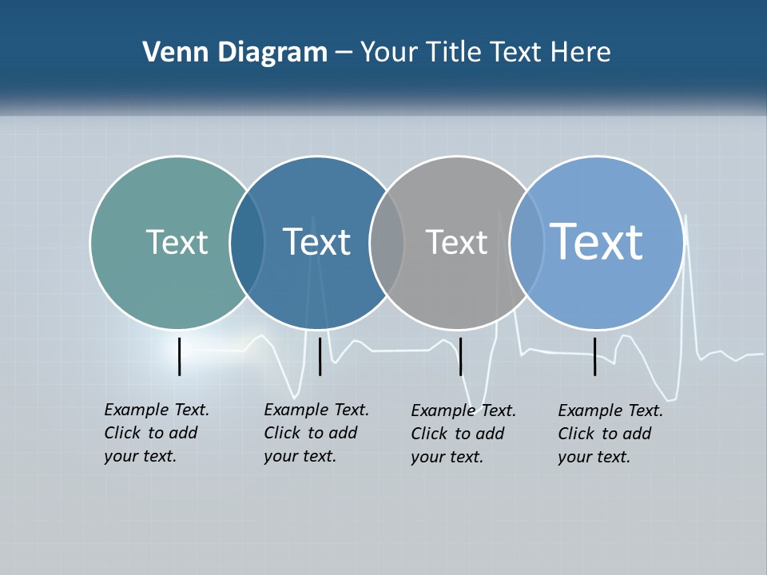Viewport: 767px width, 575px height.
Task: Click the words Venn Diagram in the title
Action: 235,53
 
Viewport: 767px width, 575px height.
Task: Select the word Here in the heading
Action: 580,53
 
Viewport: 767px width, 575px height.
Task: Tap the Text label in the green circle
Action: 177,242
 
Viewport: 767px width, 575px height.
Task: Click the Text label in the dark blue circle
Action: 316,242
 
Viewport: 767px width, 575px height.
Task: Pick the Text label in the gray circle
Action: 456,242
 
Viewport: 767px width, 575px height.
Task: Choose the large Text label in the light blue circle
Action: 596,241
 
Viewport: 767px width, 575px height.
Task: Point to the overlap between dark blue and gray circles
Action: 387,242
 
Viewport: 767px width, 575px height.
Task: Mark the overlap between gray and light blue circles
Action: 527,242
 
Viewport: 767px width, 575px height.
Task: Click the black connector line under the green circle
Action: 180,356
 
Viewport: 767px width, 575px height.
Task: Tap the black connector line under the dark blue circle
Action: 320,356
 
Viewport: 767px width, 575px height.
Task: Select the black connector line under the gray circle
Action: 460,356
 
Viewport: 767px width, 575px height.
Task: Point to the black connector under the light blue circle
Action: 595,356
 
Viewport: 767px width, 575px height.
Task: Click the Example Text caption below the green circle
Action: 157,433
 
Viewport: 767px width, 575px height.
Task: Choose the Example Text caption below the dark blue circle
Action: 316,433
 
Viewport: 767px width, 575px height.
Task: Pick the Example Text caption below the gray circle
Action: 463,434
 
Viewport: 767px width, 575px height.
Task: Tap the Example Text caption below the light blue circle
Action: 610,434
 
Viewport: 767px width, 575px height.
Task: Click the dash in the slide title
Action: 344,53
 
